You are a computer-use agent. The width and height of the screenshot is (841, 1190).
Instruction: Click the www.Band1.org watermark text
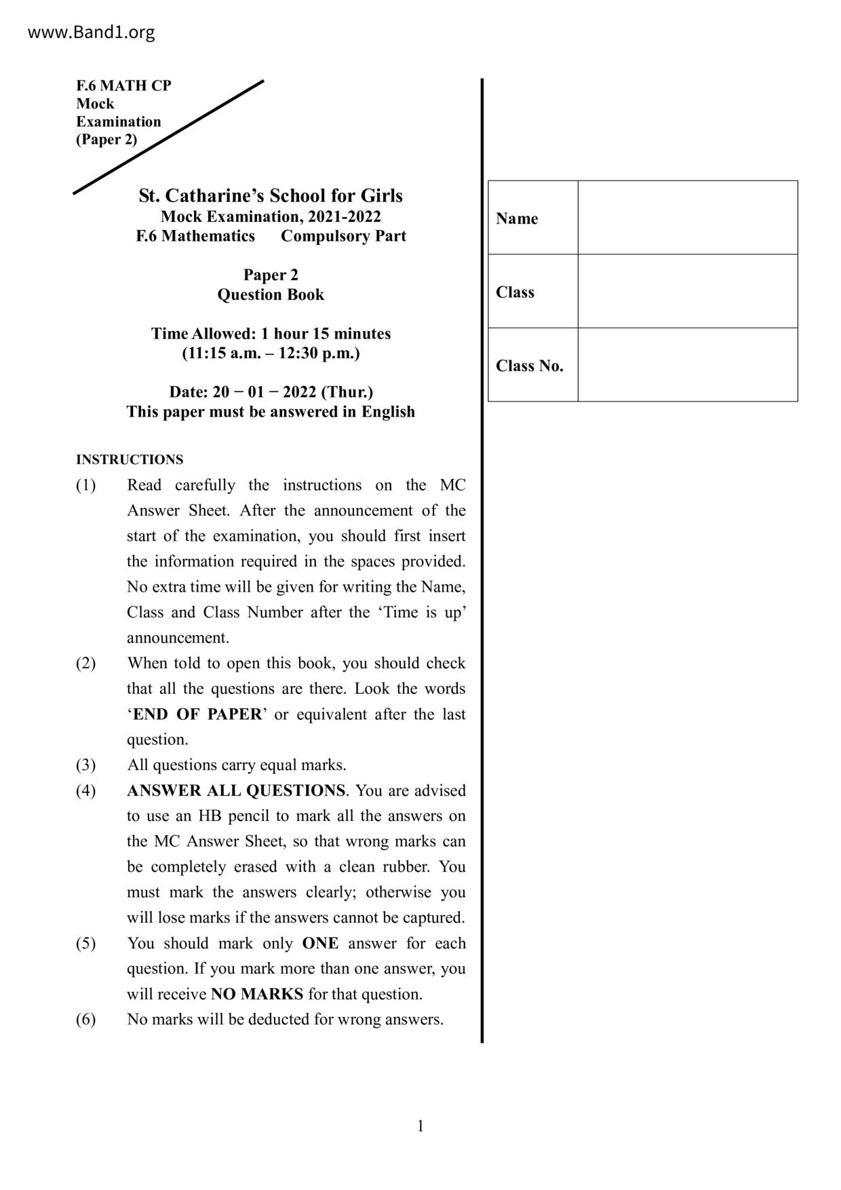[91, 32]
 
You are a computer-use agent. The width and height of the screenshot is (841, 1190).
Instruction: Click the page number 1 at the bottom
[420, 1126]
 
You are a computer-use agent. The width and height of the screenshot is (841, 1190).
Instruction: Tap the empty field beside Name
[687, 218]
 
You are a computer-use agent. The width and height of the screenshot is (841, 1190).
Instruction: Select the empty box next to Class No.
[687, 365]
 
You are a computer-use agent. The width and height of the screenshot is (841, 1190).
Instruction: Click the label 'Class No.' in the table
[529, 366]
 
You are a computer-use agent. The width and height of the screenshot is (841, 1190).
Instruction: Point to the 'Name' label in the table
[517, 218]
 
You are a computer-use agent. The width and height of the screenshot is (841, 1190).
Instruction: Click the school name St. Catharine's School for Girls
[271, 195]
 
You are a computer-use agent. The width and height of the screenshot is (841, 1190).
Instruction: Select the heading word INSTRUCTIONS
[130, 459]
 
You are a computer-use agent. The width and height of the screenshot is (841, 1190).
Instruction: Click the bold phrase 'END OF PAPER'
[197, 714]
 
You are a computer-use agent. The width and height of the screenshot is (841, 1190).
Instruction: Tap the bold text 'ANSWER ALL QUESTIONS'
[236, 790]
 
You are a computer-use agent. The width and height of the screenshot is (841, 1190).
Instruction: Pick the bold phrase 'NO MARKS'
[257, 994]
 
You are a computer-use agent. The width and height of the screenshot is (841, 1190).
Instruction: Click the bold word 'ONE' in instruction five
[320, 943]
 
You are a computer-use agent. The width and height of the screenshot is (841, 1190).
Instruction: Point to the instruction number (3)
[85, 765]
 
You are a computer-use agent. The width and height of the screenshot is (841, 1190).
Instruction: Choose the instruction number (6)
[85, 1020]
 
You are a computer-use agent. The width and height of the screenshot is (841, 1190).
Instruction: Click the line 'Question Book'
[271, 294]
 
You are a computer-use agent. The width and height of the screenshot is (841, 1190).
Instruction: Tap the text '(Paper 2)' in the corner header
[106, 140]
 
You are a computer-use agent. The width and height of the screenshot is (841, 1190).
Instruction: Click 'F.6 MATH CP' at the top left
[123, 85]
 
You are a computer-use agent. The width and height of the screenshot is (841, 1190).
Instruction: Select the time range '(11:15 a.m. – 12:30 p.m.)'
[271, 353]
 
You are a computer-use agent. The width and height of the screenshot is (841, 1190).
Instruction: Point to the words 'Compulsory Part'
[343, 236]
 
